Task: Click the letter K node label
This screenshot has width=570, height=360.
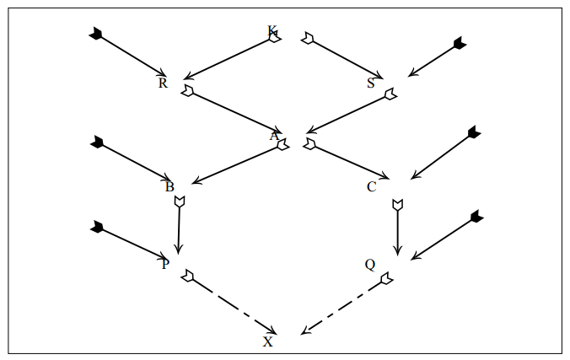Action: point(272,32)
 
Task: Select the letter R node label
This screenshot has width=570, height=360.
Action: point(163,83)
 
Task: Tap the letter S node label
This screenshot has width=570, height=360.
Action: point(371,83)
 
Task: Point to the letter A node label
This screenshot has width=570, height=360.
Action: point(274,135)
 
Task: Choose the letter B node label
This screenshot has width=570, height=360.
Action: point(169,186)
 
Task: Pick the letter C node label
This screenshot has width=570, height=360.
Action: point(371,186)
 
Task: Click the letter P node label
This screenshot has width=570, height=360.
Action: point(165,264)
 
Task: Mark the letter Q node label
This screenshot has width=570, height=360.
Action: point(369,264)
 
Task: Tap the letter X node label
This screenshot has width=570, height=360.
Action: point(268,341)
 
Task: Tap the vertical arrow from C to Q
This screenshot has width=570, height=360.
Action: point(398,228)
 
